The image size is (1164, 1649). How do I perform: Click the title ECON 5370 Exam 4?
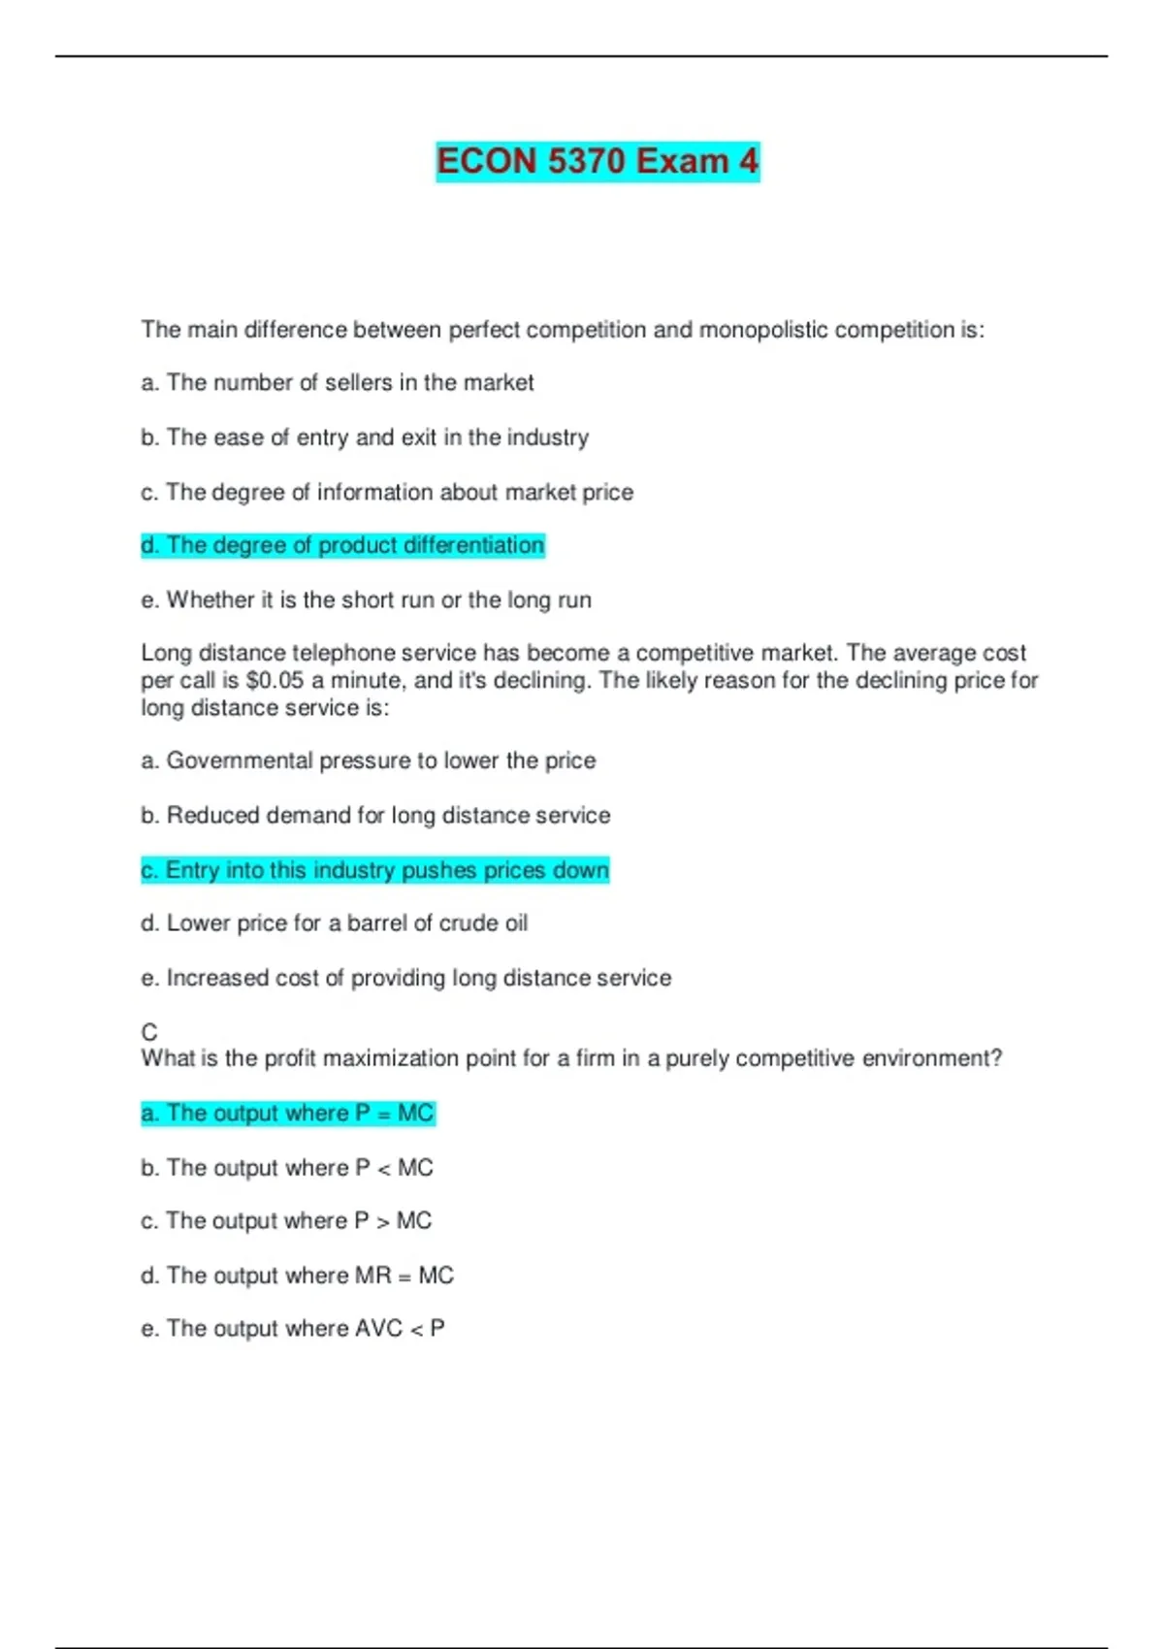(x=597, y=161)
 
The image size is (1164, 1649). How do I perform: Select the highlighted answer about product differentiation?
(x=342, y=545)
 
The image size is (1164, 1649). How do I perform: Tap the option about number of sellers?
(x=338, y=383)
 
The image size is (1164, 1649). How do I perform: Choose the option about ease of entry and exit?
(x=365, y=437)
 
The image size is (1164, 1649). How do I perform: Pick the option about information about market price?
(x=387, y=493)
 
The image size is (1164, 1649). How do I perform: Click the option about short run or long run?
(x=366, y=600)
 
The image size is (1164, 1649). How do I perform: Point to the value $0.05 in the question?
(x=275, y=680)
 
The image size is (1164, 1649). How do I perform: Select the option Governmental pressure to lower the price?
(x=369, y=760)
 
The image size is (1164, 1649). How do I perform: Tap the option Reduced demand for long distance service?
(x=375, y=816)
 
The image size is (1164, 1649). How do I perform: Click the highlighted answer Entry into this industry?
(x=374, y=870)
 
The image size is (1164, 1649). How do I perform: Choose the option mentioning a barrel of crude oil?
(x=335, y=923)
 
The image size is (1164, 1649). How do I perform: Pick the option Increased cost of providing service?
(x=405, y=978)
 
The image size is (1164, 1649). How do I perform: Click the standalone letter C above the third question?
(x=149, y=1032)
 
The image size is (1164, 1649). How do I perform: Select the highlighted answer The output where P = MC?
(x=288, y=1113)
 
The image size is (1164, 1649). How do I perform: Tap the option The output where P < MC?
(x=287, y=1168)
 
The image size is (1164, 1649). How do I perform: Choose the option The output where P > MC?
(x=286, y=1220)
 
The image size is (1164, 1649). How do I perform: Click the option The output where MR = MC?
(x=297, y=1276)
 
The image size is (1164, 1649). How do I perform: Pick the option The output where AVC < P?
(x=293, y=1329)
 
